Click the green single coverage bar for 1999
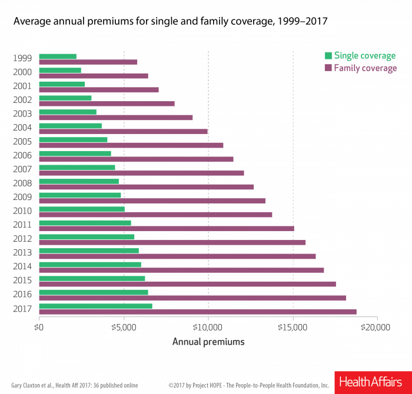pos(58,56)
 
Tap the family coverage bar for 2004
pos(124,132)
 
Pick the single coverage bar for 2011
pos(85,223)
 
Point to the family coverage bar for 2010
pos(156,215)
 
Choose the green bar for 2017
pos(96,306)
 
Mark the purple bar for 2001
pos(99,90)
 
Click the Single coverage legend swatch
pos(328,56)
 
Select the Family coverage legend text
pos(366,68)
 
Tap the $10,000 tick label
pos(208,327)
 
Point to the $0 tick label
pos(39,327)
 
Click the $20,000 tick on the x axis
pos(377,327)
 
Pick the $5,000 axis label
pos(124,327)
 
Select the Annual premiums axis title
pos(208,342)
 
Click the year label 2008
pos(22,182)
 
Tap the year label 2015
pos(22,280)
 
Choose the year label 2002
pos(22,99)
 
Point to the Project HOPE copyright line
pos(248,386)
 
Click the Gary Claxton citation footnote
pos(75,386)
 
